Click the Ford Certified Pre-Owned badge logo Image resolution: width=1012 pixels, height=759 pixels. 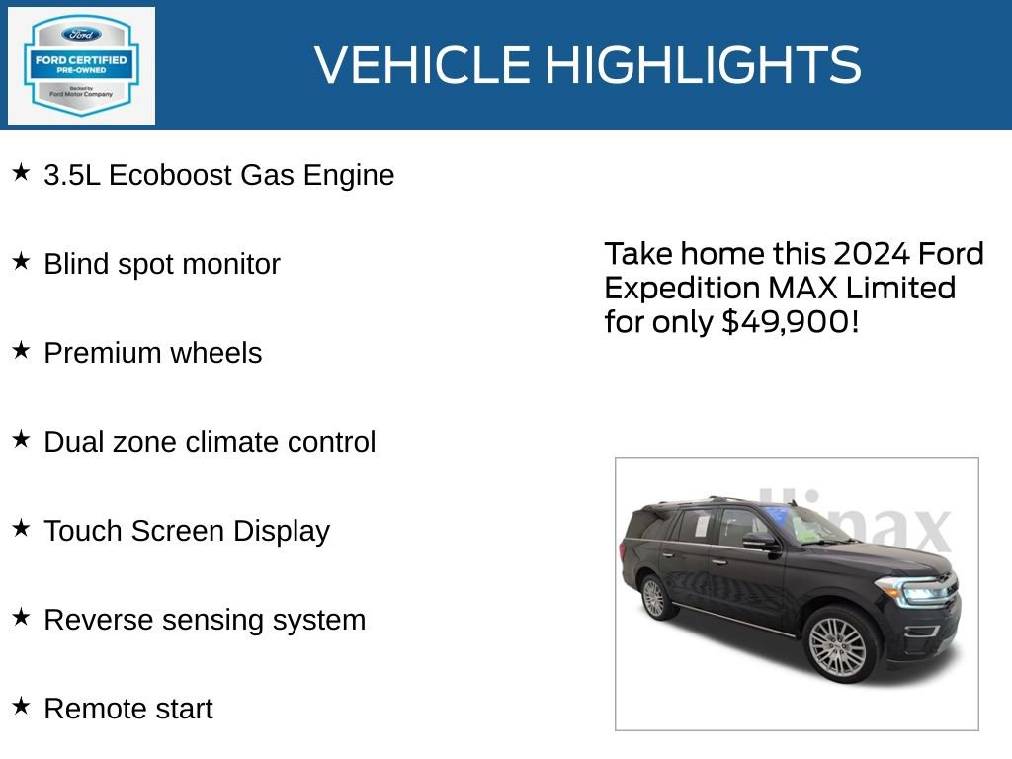coord(81,65)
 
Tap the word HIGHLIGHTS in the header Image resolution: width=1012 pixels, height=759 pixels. coord(703,65)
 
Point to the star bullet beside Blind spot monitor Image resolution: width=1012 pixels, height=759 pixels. coord(21,262)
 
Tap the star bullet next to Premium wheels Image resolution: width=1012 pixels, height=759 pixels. coord(21,351)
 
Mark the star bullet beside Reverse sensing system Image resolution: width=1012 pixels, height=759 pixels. coord(21,618)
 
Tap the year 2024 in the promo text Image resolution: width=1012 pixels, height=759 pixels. coord(871,254)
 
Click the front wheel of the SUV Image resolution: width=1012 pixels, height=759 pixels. coord(838,646)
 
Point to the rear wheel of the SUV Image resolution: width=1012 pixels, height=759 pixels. coord(654,597)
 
